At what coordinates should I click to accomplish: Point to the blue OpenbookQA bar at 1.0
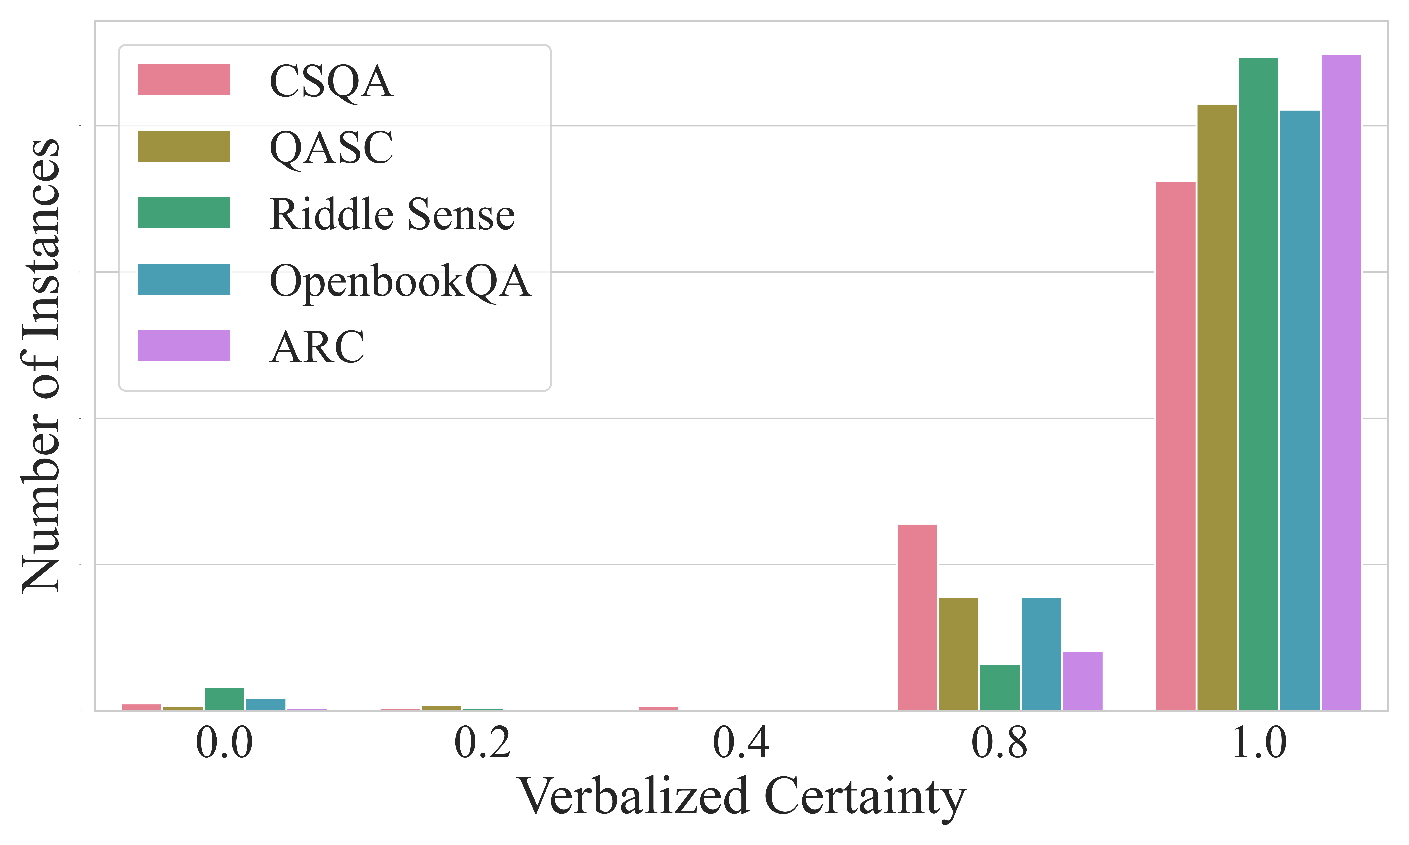[1300, 410]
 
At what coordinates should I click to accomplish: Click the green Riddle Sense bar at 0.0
[224, 699]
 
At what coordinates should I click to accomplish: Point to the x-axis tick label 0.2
[482, 744]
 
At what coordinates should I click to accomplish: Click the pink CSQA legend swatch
[184, 80]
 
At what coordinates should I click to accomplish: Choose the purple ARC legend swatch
[184, 346]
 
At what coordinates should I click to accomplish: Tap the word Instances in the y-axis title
[41, 239]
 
